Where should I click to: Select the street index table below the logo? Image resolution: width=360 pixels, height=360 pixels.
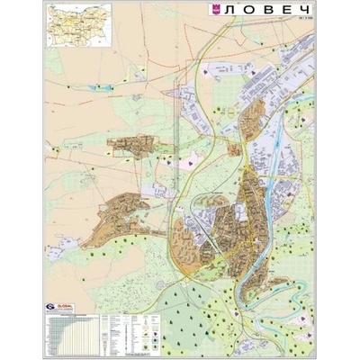[x=72, y=333]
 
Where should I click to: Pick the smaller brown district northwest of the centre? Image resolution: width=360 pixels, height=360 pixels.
[x=135, y=147]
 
